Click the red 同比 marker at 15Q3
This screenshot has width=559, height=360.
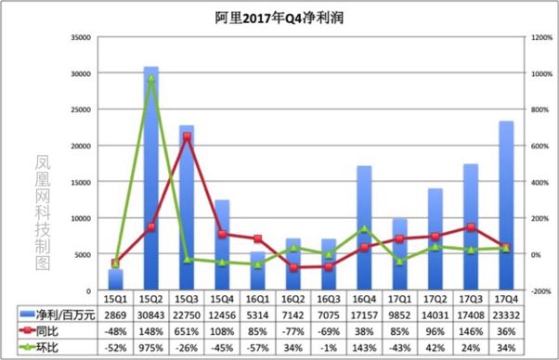click(x=187, y=136)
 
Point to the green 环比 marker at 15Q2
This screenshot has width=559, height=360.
click(x=150, y=79)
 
